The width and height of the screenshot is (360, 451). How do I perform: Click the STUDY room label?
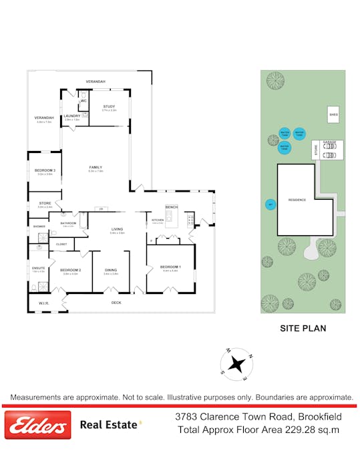click(110, 106)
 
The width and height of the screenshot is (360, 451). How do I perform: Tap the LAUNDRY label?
click(72, 116)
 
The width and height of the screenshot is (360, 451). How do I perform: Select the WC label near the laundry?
click(83, 101)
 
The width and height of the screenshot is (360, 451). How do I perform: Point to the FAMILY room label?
click(96, 167)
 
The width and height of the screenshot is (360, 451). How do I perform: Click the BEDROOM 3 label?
click(45, 170)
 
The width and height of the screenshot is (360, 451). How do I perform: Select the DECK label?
click(116, 302)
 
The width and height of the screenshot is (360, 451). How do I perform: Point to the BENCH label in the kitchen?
click(171, 207)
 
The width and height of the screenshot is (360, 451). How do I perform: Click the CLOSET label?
click(61, 245)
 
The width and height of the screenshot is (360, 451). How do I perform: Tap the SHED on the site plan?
click(333, 115)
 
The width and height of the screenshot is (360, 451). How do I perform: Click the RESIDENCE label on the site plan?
click(297, 200)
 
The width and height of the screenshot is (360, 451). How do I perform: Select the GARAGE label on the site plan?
click(329, 142)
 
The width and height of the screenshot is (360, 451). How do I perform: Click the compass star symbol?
click(236, 363)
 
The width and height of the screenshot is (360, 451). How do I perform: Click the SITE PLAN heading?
click(302, 329)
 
